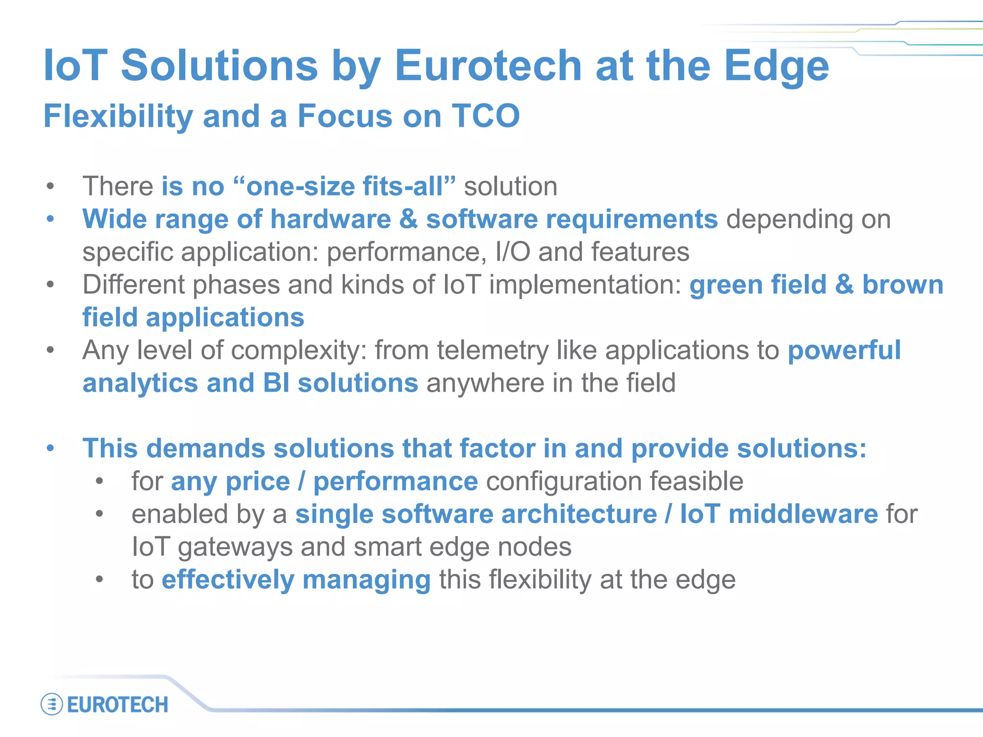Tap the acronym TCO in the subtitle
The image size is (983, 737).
[x=486, y=116]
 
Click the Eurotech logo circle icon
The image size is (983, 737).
[x=52, y=704]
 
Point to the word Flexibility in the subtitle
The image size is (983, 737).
[x=118, y=116]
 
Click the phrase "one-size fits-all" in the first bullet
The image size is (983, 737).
[x=344, y=186]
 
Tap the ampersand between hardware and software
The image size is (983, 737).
[x=408, y=219]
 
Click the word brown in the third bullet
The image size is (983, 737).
[x=903, y=285]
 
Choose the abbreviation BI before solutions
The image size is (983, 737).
[x=276, y=383]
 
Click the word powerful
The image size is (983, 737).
[x=844, y=350]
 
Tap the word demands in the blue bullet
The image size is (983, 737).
[x=205, y=449]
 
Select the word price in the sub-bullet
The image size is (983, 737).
[x=258, y=481]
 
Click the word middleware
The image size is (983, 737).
[x=803, y=514]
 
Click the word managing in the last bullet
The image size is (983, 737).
[x=366, y=580]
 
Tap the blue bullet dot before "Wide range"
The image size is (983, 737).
[x=50, y=219]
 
